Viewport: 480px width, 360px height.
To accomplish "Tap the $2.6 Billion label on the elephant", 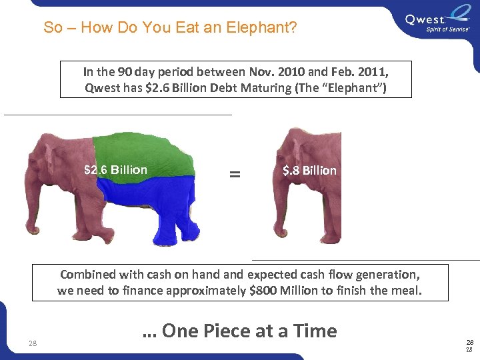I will pos(115,170).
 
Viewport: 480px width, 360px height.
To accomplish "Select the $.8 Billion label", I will pos(309,171).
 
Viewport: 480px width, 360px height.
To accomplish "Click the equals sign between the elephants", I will pos(234,174).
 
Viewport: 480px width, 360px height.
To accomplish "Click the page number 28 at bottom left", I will pos(33,344).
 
